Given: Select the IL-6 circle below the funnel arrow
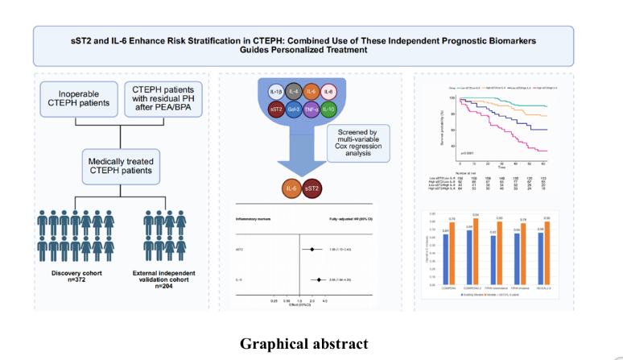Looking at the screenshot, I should pyautogui.click(x=293, y=189).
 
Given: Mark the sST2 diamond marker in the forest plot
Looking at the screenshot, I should pyautogui.click(x=310, y=250).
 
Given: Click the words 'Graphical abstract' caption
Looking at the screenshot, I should pyautogui.click(x=303, y=344).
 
